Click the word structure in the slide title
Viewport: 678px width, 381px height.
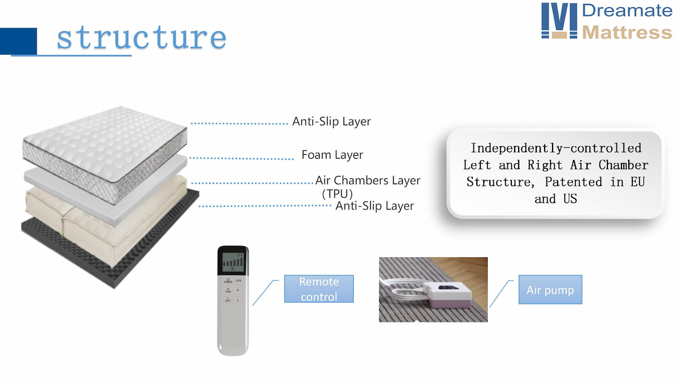pos(141,38)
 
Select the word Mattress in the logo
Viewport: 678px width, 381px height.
pos(627,32)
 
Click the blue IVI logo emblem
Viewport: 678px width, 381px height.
pos(559,21)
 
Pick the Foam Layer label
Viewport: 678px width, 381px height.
pos(332,155)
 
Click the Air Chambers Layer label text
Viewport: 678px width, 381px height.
pos(368,181)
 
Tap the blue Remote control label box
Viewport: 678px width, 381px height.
pos(319,289)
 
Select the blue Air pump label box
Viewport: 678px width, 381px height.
pos(550,290)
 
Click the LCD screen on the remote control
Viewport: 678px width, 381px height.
pos(233,263)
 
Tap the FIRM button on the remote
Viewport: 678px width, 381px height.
pos(228,290)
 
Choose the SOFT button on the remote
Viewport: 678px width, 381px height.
pos(228,300)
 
